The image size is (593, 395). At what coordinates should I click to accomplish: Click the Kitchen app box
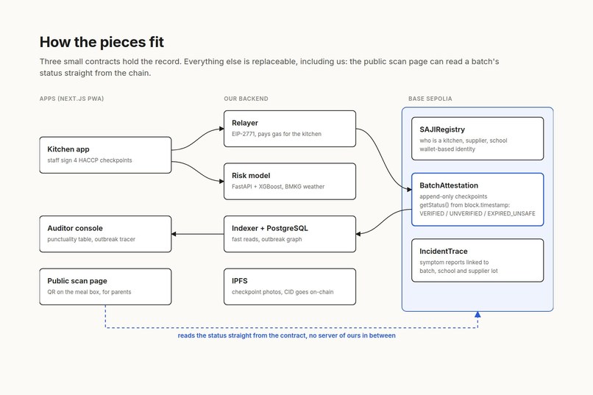pyautogui.click(x=105, y=155)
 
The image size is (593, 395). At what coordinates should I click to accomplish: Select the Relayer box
pyautogui.click(x=290, y=129)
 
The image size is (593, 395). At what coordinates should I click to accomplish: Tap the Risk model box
pyautogui.click(x=290, y=182)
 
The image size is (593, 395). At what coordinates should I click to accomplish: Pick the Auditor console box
pyautogui.click(x=105, y=234)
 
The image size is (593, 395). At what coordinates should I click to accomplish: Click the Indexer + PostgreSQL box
pyautogui.click(x=290, y=234)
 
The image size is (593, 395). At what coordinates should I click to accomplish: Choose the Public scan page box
pyautogui.click(x=105, y=287)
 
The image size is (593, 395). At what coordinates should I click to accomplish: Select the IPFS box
pyautogui.click(x=290, y=287)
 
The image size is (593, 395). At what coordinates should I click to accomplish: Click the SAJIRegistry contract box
pyautogui.click(x=477, y=139)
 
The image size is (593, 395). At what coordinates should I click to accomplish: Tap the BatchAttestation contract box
pyautogui.click(x=477, y=199)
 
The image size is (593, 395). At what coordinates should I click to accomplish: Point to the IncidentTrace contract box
pyautogui.click(x=477, y=260)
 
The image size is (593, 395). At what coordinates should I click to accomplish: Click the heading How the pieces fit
pyautogui.click(x=102, y=42)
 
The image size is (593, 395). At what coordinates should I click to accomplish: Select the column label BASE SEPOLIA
pyautogui.click(x=430, y=99)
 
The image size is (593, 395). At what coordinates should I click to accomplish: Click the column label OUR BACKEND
pyautogui.click(x=246, y=99)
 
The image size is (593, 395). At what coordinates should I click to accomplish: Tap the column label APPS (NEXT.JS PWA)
pyautogui.click(x=71, y=99)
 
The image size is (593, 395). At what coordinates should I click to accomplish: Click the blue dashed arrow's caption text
pyautogui.click(x=287, y=335)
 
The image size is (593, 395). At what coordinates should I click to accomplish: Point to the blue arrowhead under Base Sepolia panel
pyautogui.click(x=477, y=315)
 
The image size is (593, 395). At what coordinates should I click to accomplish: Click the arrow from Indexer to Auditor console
pyautogui.click(x=197, y=234)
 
